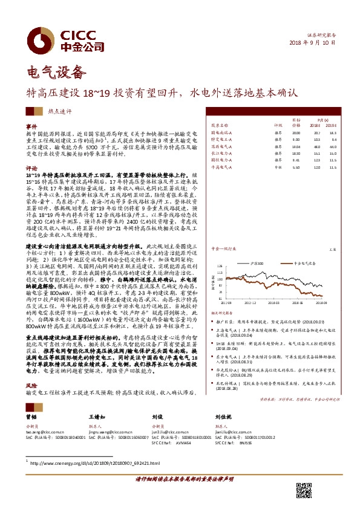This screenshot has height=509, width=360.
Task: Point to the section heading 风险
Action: [x=31, y=384]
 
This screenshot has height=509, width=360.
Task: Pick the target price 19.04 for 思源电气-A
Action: [x=296, y=146]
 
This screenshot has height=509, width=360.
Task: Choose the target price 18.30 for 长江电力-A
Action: [x=296, y=153]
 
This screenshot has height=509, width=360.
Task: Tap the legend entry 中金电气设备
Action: [x=318, y=247]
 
